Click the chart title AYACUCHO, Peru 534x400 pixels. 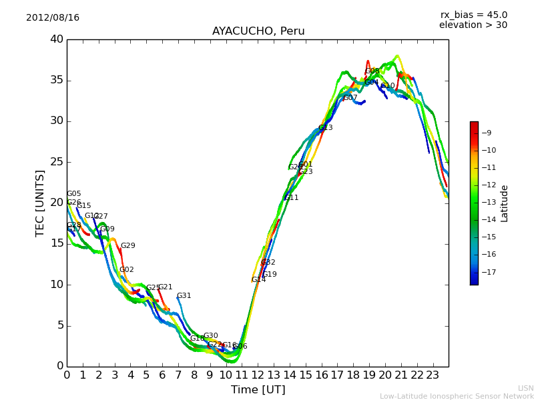258,31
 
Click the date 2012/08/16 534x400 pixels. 53,17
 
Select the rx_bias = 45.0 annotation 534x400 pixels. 473,15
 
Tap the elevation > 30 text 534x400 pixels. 473,25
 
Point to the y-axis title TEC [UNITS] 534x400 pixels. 40,203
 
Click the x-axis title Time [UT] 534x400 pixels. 258,389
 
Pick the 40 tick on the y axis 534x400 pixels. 56,39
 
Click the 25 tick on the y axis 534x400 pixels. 56,162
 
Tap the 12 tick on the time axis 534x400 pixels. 258,375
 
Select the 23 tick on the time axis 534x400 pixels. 433,375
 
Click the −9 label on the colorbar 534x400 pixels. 487,133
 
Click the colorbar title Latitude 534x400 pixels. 505,203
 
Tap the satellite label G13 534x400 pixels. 325,128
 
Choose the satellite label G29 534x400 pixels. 127,246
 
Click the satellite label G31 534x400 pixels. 184,296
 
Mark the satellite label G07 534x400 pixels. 350,98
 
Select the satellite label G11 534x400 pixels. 292,198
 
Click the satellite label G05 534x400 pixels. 73,194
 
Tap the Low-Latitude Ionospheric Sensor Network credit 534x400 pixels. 457,396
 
